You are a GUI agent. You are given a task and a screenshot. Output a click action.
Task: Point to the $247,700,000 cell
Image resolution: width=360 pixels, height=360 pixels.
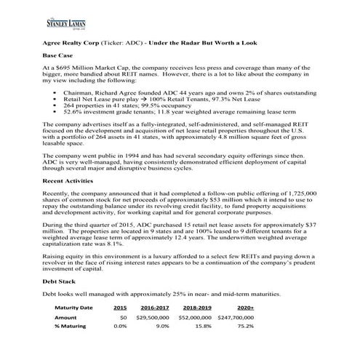pos(235,318)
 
